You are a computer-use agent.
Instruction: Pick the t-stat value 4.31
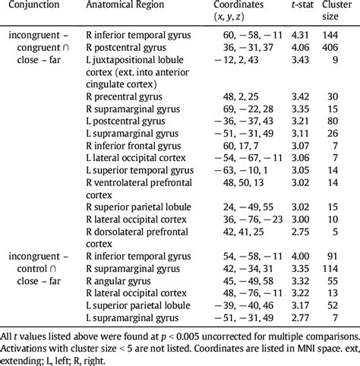[288, 34]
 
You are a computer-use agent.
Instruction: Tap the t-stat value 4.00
[288, 257]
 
